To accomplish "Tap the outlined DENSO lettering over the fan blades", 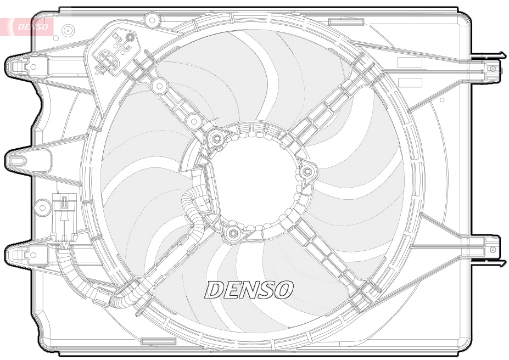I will pos(249,289).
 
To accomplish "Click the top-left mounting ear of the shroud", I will pos(20,66).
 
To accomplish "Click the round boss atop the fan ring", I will pos(150,20).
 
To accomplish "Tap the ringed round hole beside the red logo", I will pos(69,30).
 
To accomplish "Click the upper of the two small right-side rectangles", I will pos(410,62).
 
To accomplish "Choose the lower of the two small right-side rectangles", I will pos(410,83).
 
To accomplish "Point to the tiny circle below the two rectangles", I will pos(442,100).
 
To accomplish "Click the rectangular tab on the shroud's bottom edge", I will pos(158,341).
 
